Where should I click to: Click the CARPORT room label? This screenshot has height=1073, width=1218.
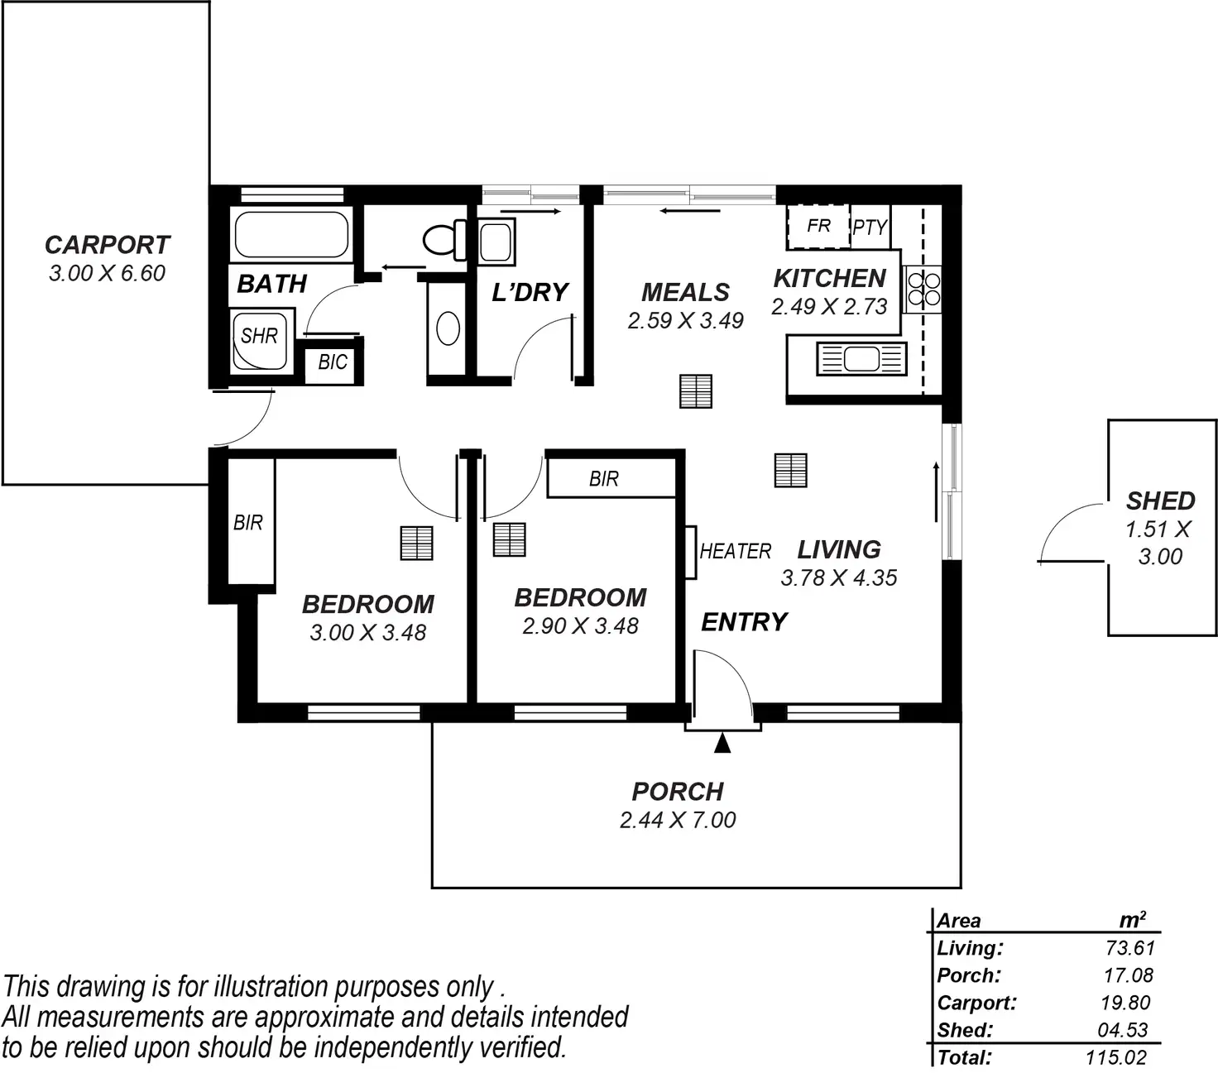click(107, 245)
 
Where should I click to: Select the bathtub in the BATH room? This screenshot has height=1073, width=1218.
click(291, 235)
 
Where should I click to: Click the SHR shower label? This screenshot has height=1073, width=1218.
click(259, 336)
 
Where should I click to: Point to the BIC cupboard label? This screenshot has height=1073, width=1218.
click(333, 362)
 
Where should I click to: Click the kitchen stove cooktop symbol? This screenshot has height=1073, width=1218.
click(923, 289)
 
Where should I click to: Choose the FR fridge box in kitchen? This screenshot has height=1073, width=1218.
click(818, 226)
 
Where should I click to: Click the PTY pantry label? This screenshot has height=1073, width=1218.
click(870, 227)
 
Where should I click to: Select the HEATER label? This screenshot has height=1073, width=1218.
click(736, 551)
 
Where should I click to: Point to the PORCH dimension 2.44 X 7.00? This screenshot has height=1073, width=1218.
click(678, 820)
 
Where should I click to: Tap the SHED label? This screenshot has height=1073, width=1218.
click(1160, 501)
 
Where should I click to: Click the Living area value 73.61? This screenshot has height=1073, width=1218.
click(1129, 948)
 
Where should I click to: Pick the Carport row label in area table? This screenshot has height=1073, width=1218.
click(976, 1003)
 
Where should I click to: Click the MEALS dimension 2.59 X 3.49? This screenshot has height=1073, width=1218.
click(685, 320)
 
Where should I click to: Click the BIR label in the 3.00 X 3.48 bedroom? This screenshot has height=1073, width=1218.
click(248, 523)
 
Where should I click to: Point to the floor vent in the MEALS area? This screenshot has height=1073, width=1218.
click(696, 391)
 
